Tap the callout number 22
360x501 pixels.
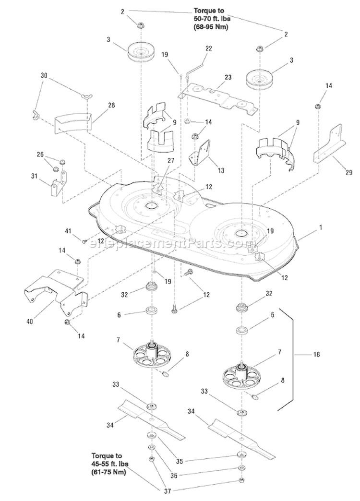coord(208,48)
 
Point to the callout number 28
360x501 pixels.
coord(111,105)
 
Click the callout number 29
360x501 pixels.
coord(349,172)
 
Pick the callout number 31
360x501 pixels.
coord(34,176)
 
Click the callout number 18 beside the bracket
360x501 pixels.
coord(316,354)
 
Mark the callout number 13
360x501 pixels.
coord(221,170)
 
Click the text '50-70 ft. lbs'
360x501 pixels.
coord(212,19)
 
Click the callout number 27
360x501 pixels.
coord(171,160)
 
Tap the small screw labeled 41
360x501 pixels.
coord(85,241)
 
